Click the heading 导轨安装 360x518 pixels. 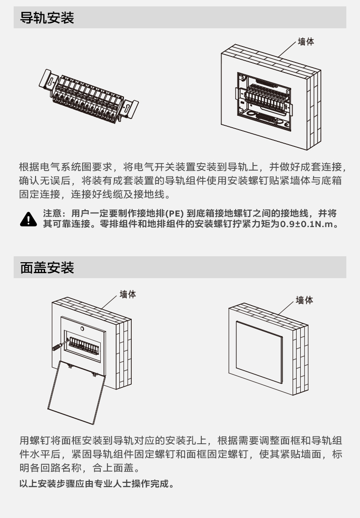pyautogui.click(x=47, y=18)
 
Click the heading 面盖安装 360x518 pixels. pyautogui.click(x=47, y=268)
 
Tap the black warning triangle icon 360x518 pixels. pyautogui.click(x=28, y=219)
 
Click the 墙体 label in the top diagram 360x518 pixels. pyautogui.click(x=306, y=41)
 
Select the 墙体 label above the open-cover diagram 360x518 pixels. pyautogui.click(x=128, y=294)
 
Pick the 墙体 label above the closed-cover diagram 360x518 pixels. pyautogui.click(x=304, y=300)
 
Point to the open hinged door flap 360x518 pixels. pyautogui.click(x=76, y=393)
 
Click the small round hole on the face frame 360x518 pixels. pyautogui.click(x=82, y=329)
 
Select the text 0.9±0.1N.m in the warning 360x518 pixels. pyautogui.click(x=306, y=224)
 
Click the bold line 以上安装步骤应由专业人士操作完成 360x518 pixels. pyautogui.click(x=97, y=484)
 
